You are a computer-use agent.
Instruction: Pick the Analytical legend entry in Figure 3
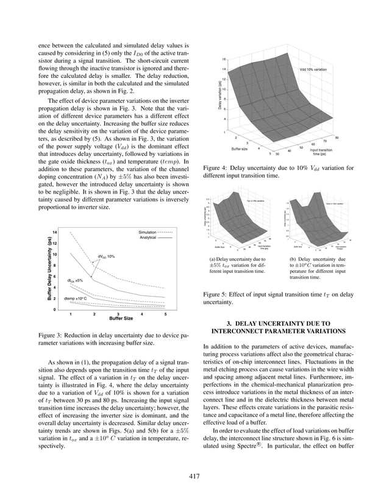pyautogui.click(x=149, y=237)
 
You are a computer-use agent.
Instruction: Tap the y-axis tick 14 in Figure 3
pyautogui.click(x=55, y=233)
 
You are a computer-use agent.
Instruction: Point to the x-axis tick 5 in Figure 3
pyautogui.click(x=165, y=314)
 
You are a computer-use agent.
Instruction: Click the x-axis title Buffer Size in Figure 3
pyautogui.click(x=121, y=318)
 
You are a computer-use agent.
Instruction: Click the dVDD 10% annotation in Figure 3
pyautogui.click(x=106, y=257)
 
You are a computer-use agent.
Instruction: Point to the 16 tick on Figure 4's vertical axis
pyautogui.click(x=224, y=58)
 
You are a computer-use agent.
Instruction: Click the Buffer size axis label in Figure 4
pyautogui.click(x=240, y=148)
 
